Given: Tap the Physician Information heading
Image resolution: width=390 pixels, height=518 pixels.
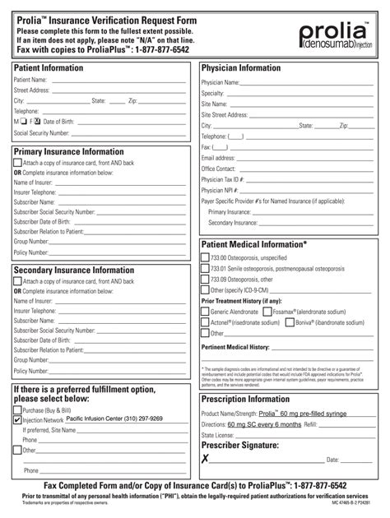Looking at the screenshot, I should pos(241,67).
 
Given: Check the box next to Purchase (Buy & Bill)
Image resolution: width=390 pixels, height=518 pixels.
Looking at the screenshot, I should pos(18,408).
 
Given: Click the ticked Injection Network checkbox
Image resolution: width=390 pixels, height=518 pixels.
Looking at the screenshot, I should pos(18,419).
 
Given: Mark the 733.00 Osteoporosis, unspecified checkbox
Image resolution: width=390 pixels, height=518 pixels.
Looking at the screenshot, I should pos(206,257).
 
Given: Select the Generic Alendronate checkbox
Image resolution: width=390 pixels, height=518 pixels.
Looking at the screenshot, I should pos(206,312).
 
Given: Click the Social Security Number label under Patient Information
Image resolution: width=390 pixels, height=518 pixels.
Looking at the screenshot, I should pos(41,132).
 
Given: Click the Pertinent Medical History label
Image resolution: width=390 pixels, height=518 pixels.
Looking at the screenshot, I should pos(236,348).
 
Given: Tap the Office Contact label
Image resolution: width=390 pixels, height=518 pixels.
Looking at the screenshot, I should pos(220,168).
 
